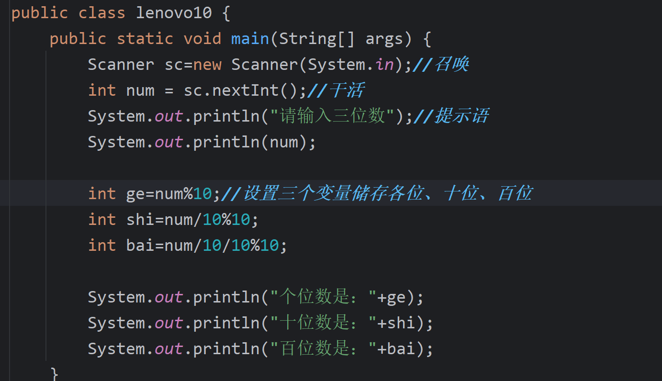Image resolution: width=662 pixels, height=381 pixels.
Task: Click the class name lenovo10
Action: [x=174, y=13]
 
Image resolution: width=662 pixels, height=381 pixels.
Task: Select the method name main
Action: [x=250, y=39]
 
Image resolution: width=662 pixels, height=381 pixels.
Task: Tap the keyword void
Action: [x=202, y=39]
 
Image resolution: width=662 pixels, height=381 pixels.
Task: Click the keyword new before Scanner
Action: [x=207, y=65]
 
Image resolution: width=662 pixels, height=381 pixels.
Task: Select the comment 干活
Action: [x=347, y=90]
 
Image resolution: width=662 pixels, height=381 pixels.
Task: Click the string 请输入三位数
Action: [x=332, y=116]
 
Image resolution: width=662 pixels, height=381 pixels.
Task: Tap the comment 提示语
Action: [x=460, y=116]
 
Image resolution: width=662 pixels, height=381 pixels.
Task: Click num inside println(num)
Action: [x=283, y=142]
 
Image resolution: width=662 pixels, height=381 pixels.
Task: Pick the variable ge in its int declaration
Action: [x=135, y=194]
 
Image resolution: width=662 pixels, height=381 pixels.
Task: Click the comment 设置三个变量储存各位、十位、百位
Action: [x=387, y=194]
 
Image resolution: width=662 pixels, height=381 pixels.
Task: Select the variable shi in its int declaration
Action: [x=140, y=220]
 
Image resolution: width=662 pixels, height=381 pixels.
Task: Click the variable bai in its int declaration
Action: [x=140, y=246]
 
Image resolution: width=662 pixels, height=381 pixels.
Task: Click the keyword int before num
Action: [x=102, y=90]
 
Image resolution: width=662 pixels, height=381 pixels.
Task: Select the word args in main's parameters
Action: [x=384, y=39]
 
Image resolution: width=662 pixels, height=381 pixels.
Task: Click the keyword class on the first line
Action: [x=102, y=13]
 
